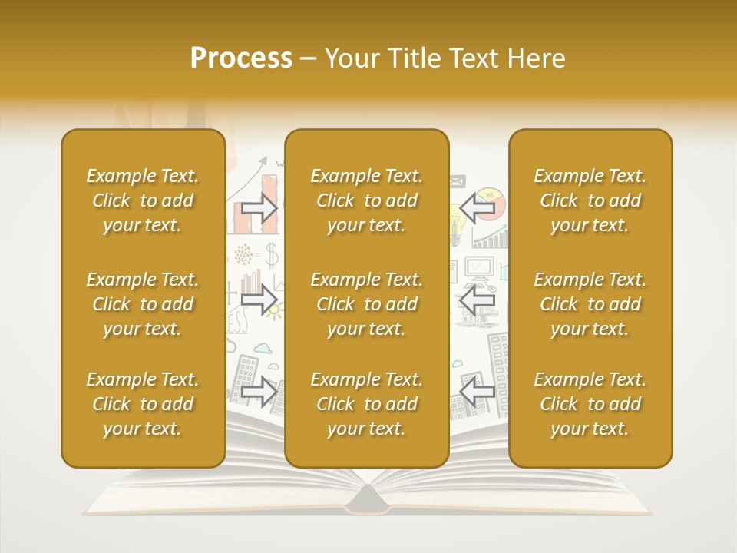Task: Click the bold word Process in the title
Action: click(241, 58)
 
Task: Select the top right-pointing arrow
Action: click(259, 208)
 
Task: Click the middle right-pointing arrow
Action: click(259, 300)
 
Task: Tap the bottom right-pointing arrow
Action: click(259, 392)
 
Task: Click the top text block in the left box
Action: click(143, 200)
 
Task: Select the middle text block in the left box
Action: click(143, 304)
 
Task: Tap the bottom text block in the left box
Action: click(143, 404)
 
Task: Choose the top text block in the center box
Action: click(366, 200)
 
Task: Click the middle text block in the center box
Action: click(366, 304)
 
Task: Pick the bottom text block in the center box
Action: click(366, 404)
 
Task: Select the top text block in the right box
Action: click(590, 200)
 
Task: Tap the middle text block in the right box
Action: click(590, 304)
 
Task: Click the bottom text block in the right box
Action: click(590, 404)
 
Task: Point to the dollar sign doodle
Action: click(271, 253)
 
